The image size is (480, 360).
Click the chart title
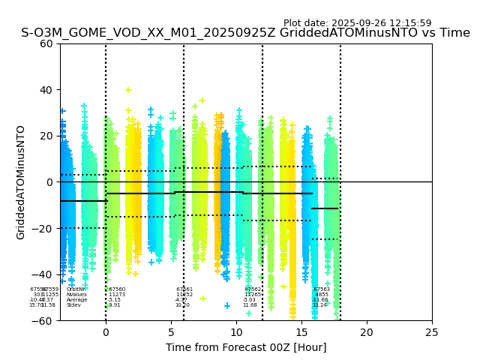[245, 33]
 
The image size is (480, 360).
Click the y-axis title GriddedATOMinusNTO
[21, 182]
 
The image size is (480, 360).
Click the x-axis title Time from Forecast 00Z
[246, 347]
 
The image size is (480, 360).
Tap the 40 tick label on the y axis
[47, 90]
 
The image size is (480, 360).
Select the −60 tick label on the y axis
[44, 321]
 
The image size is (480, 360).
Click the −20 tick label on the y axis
[44, 229]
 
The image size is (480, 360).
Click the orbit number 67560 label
[117, 289]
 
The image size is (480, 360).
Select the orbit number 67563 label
[322, 289]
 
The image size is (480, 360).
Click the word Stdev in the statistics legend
[73, 305]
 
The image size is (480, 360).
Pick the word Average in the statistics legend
[76, 300]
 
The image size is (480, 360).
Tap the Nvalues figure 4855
[322, 295]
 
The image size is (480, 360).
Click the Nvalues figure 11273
[117, 295]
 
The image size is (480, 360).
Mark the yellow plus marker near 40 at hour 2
[128, 90]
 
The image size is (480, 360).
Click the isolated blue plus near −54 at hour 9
[227, 306]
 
